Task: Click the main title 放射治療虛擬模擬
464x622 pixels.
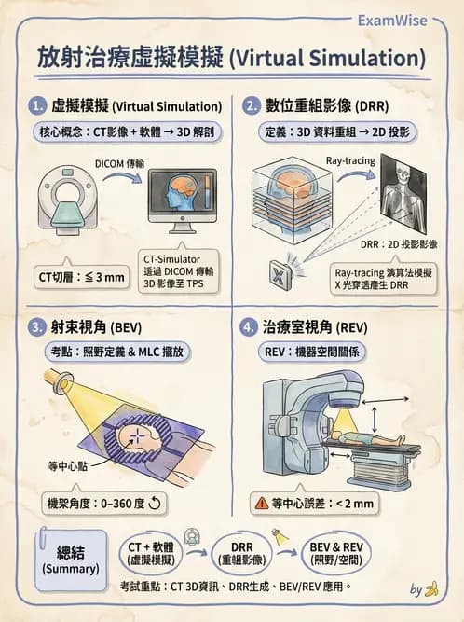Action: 231,57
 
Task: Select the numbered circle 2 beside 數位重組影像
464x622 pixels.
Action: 251,106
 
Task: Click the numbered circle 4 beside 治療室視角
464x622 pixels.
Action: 251,328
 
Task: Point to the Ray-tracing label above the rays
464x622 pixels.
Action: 350,161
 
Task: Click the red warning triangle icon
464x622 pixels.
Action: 264,504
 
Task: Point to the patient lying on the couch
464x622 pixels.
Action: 368,439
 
